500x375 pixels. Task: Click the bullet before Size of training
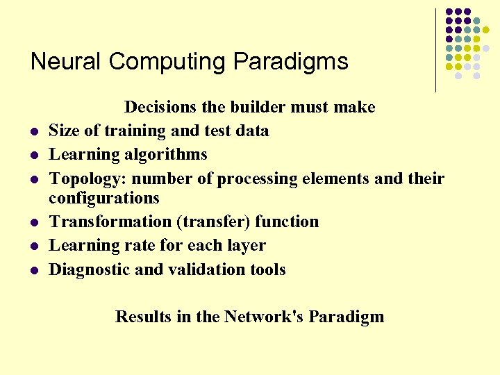[33, 131]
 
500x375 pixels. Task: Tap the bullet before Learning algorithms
[33, 155]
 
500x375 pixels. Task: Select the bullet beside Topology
[33, 179]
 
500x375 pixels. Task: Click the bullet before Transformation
[33, 223]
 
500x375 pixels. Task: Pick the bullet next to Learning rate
[33, 247]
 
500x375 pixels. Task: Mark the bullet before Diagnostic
[33, 270]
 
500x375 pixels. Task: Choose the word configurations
[104, 198]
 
